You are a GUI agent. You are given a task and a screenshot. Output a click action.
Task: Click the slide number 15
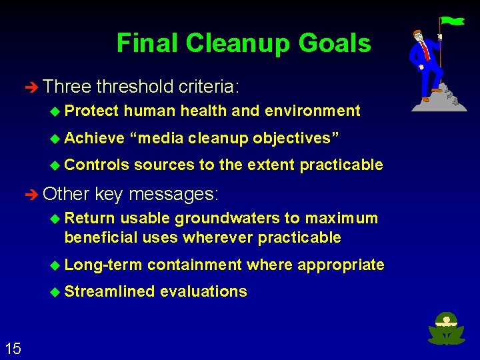click(x=12, y=347)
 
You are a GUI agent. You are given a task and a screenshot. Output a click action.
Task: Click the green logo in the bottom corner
click(x=446, y=328)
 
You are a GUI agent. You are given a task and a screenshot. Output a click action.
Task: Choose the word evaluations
click(x=203, y=291)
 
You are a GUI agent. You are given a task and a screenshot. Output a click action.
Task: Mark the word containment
click(x=194, y=265)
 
